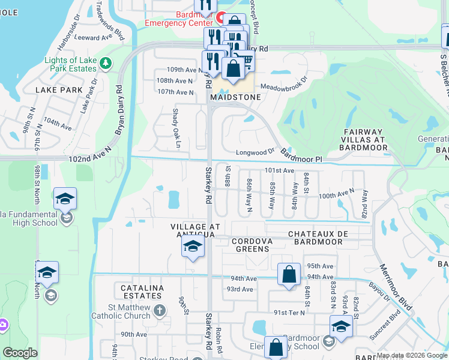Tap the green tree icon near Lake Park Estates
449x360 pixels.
point(106,62)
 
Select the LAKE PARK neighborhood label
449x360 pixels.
point(59,90)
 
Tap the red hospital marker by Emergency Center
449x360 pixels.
point(220,19)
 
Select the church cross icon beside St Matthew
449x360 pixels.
point(159,311)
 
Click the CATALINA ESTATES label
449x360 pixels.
point(142,292)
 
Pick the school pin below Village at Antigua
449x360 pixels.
point(193,247)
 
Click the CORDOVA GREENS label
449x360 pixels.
point(254,245)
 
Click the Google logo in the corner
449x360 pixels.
point(20,353)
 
